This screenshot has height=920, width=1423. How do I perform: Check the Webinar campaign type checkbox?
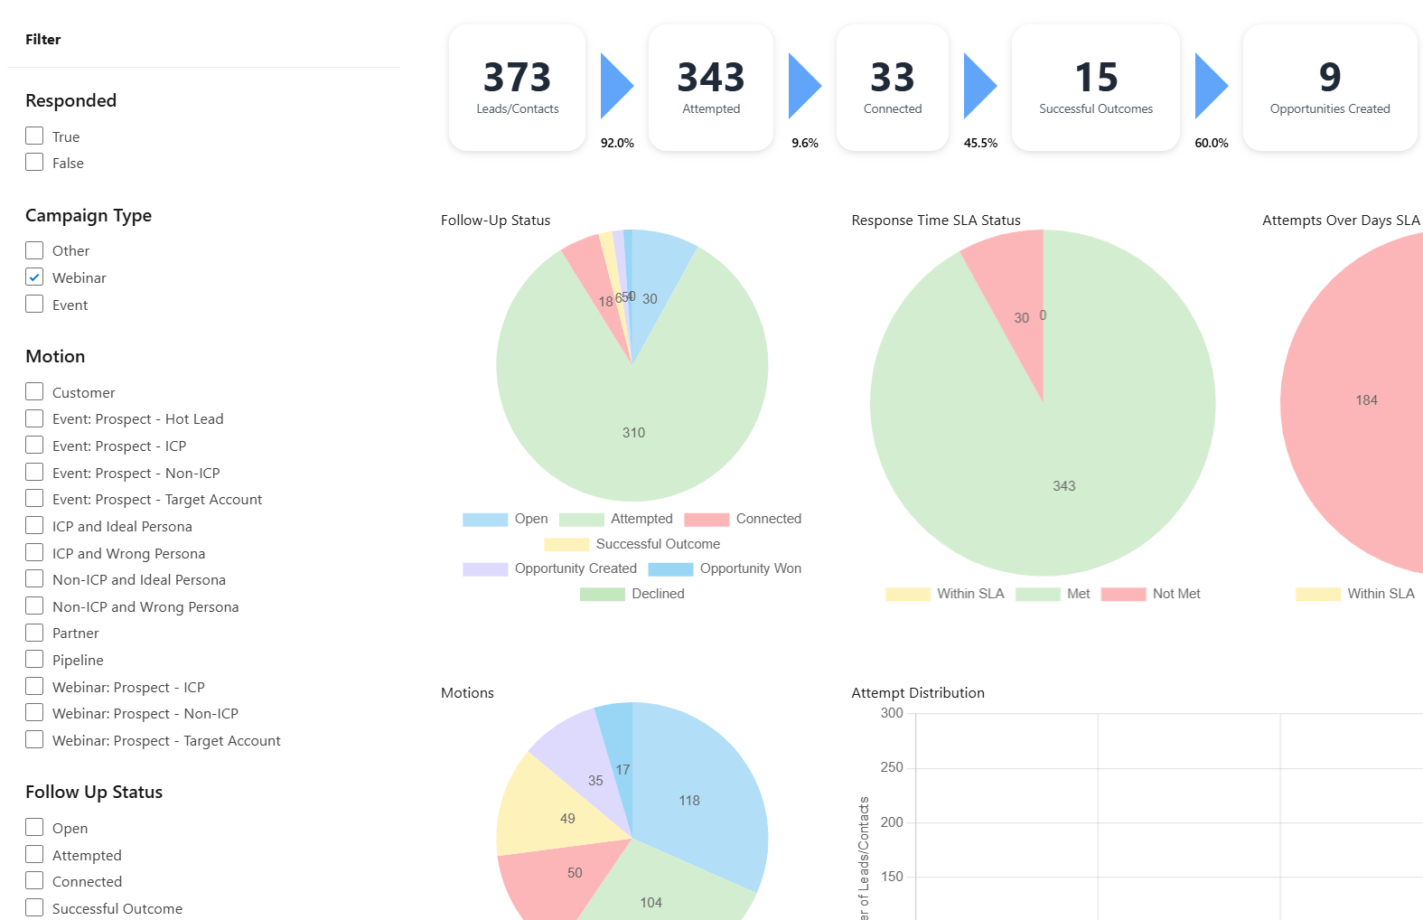(34, 277)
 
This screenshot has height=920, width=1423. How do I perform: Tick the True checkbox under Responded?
(34, 136)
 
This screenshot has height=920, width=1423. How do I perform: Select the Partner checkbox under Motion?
(34, 633)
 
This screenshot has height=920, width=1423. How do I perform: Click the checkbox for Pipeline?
(34, 660)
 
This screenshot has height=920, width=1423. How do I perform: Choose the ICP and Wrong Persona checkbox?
(34, 553)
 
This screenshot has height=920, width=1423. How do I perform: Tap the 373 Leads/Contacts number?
(517, 78)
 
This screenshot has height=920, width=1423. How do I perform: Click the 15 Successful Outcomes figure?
(1096, 78)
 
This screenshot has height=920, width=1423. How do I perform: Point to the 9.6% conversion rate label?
(804, 143)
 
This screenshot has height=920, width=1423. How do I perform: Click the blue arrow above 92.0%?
(616, 86)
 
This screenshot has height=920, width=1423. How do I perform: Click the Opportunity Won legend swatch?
(670, 569)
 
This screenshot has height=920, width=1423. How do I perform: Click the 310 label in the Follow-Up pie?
(633, 433)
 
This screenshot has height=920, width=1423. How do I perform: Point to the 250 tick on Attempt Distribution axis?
(892, 767)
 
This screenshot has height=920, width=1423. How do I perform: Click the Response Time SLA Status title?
(935, 221)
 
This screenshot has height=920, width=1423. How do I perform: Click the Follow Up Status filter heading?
(94, 792)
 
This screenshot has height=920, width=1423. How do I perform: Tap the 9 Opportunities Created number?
(1329, 78)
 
